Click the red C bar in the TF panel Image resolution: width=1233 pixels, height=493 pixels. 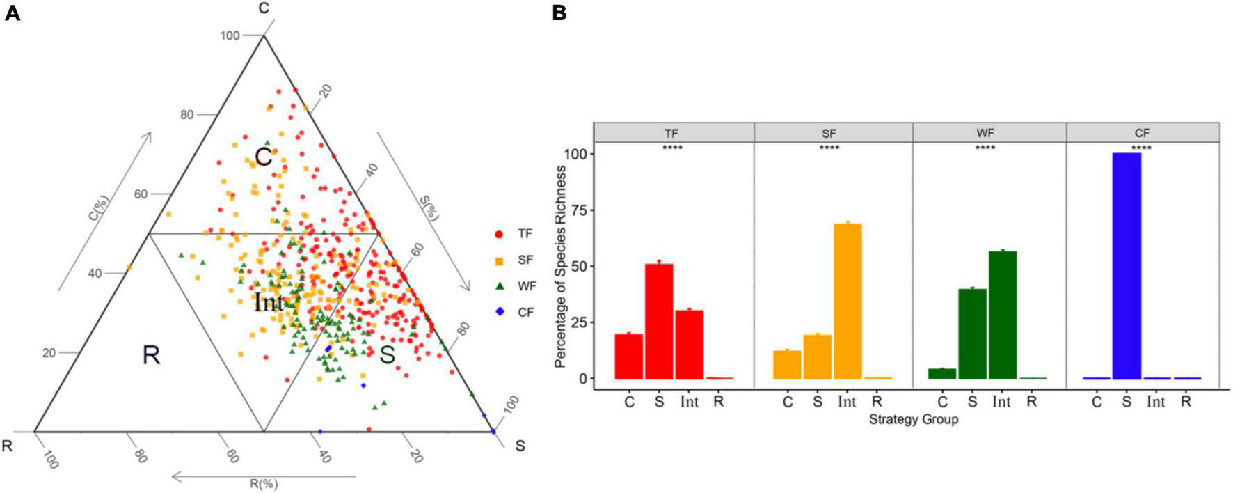tap(629, 356)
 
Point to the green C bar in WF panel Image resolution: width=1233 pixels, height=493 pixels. tap(942, 373)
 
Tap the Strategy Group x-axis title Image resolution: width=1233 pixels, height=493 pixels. tap(913, 419)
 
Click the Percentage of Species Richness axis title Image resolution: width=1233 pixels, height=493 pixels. tap(561, 267)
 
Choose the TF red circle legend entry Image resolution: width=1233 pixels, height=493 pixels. tap(516, 234)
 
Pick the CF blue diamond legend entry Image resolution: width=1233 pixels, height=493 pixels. tap(516, 313)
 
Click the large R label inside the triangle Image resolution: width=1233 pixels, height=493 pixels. tap(151, 355)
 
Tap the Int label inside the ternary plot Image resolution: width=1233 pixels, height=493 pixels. tap(269, 302)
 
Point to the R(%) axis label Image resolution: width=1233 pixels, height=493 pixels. tap(264, 483)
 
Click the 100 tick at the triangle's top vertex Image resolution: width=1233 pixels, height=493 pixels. tap(230, 36)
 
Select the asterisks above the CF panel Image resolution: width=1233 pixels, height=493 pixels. tap(1141, 148)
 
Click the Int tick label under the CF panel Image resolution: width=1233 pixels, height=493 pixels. tap(1156, 402)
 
